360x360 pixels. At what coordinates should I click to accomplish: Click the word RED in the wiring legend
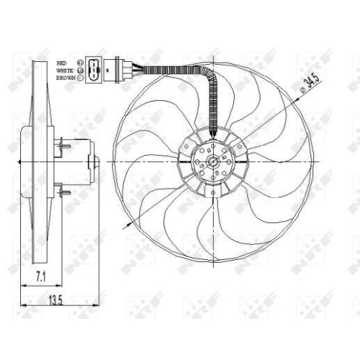pos(62,63)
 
